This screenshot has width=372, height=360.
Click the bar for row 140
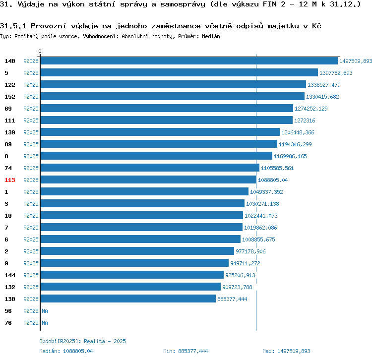[x=188, y=61]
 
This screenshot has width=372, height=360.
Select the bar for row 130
[x=128, y=299]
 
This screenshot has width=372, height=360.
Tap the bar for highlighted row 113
[x=148, y=180]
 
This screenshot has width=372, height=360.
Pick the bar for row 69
[x=167, y=109]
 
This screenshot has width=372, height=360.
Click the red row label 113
[x=10, y=180]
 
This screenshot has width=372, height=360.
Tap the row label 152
[x=10, y=97]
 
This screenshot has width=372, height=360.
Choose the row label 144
[x=10, y=275]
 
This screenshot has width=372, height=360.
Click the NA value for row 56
[x=45, y=311]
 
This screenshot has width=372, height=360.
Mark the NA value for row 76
[x=45, y=323]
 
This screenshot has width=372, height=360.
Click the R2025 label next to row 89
[x=31, y=144]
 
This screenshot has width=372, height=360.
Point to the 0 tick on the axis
[x=40, y=51]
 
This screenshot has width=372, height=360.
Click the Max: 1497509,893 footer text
[x=286, y=351]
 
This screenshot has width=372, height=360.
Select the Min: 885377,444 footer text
[x=186, y=351]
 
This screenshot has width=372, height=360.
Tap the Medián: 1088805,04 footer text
[x=66, y=351]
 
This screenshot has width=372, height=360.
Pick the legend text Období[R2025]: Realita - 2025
[x=82, y=341]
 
